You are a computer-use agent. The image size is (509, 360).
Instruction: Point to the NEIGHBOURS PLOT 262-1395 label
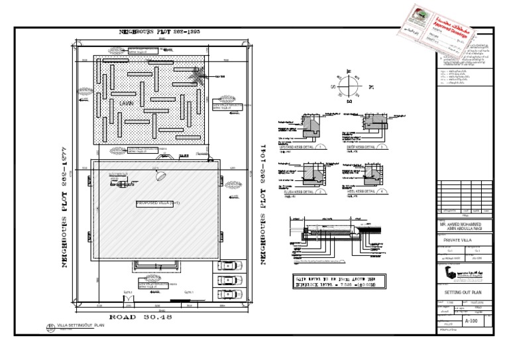pyautogui.click(x=159, y=31)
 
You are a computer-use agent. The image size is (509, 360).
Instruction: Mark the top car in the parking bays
pyautogui.click(x=227, y=265)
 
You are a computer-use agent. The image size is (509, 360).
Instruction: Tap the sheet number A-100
pyautogui.click(x=471, y=321)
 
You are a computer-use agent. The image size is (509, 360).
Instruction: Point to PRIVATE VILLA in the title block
pyautogui.click(x=459, y=239)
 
